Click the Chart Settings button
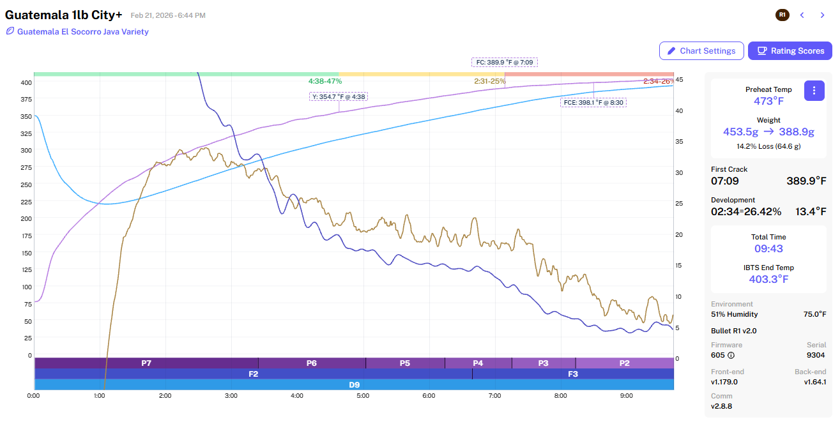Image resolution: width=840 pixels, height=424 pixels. point(701,51)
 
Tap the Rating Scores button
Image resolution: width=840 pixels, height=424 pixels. point(790,51)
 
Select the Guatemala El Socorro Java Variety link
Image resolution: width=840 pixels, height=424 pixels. point(82,31)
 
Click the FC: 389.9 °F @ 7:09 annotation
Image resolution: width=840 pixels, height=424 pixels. point(505,63)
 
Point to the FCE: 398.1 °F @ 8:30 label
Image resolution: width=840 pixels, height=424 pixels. point(593,102)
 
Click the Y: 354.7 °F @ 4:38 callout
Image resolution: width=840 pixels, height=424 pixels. point(339,97)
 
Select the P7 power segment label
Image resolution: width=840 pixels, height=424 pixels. point(146,363)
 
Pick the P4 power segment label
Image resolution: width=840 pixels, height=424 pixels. point(478,363)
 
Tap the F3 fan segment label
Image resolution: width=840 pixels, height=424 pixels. point(573,374)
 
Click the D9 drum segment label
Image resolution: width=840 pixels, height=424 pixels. point(354,384)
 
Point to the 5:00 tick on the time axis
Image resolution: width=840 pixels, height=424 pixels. point(363,396)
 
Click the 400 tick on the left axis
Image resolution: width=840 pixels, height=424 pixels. point(26,82)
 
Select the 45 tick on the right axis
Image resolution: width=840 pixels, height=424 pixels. point(680,80)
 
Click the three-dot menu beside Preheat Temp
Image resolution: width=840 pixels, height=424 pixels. point(813,91)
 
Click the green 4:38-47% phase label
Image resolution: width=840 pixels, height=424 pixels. point(325,81)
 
